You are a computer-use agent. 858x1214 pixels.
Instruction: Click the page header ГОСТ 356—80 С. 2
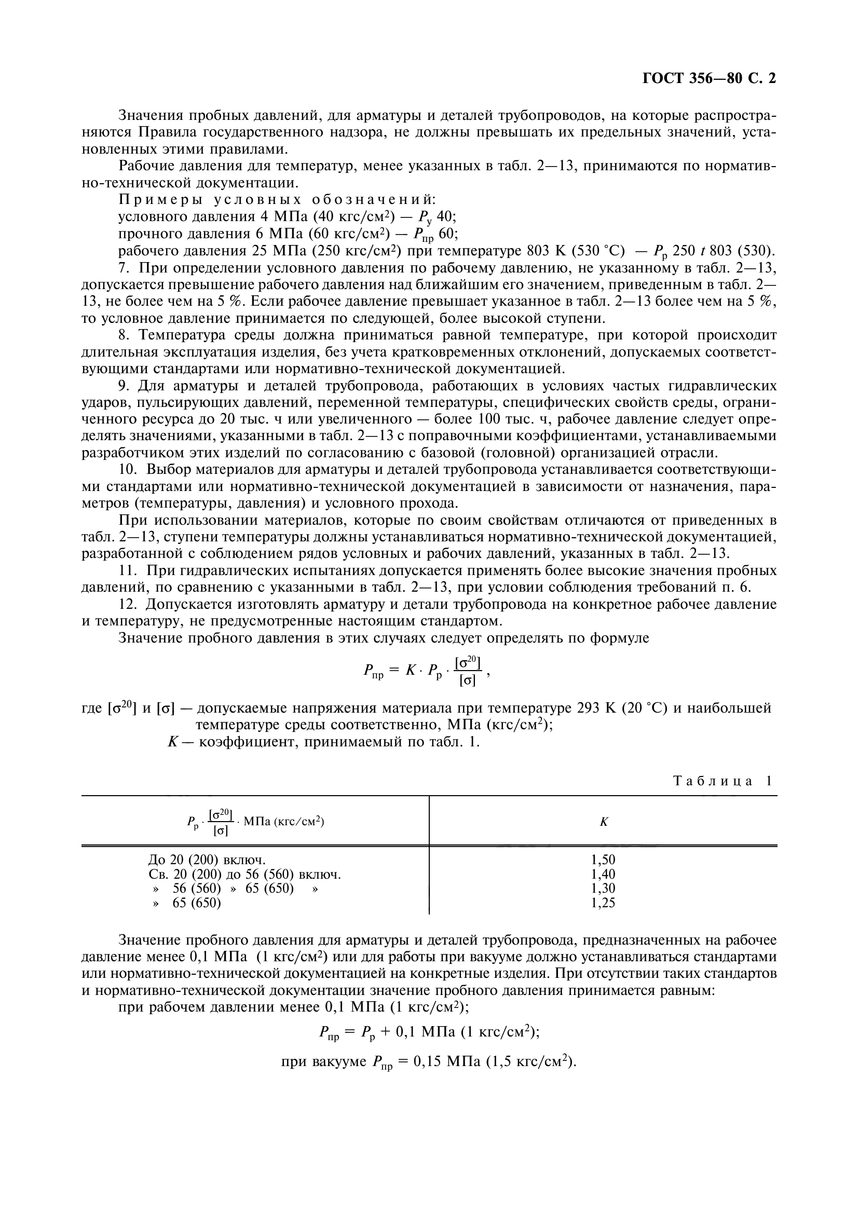[x=709, y=79]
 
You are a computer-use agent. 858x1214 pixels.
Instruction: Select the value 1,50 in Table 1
[x=603, y=860]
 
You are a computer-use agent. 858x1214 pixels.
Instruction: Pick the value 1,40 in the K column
[x=603, y=874]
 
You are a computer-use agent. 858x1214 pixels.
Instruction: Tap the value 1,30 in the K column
[x=603, y=888]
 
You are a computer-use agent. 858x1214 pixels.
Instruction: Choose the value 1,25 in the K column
[x=603, y=903]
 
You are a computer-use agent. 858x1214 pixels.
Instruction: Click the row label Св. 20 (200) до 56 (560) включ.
[x=245, y=874]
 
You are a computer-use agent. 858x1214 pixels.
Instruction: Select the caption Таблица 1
[x=721, y=781]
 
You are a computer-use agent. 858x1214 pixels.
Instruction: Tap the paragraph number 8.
[x=124, y=335]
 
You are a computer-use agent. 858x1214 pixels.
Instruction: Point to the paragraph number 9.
[x=124, y=386]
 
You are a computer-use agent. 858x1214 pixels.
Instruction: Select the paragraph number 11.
[x=127, y=570]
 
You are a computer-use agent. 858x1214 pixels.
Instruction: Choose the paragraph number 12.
[x=127, y=604]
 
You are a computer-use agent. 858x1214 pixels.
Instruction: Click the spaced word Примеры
[x=159, y=200]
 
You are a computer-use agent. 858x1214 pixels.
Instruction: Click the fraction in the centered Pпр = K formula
[x=467, y=671]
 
